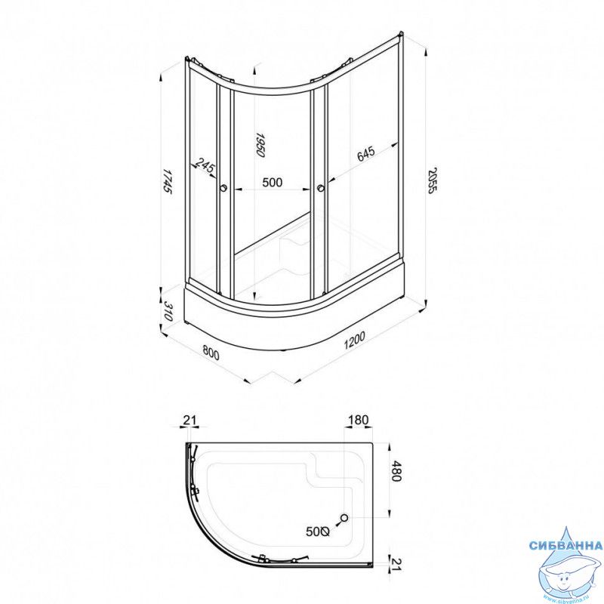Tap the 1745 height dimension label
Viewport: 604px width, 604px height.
(x=167, y=180)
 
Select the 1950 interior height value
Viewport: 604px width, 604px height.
(x=260, y=145)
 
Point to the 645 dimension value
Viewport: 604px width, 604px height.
(x=365, y=154)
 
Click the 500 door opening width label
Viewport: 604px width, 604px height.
(x=272, y=182)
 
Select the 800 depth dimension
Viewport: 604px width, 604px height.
(x=211, y=352)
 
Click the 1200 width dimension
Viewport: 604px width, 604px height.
(x=354, y=340)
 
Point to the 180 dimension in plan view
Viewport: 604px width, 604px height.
(x=358, y=420)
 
